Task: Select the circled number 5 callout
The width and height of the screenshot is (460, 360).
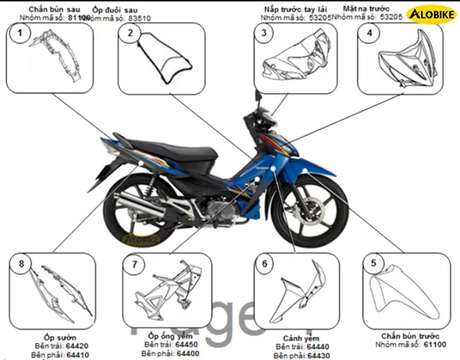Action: point(374,263)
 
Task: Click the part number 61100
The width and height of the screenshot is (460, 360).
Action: point(435,344)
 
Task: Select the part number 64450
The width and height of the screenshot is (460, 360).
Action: point(187,344)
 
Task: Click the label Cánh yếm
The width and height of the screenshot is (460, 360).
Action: point(297,338)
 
